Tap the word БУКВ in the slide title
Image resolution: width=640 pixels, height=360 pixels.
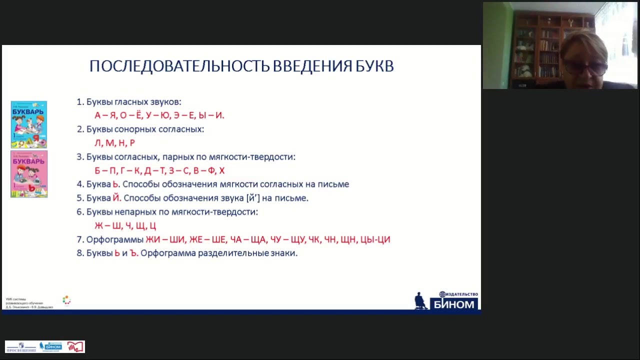[x=374, y=66]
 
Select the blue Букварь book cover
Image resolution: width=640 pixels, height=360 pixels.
[x=29, y=124]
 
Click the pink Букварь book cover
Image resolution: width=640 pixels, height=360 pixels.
[x=29, y=174]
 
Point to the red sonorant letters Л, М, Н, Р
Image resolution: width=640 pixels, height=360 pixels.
[x=114, y=143]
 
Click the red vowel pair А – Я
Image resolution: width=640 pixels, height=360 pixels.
[x=105, y=115]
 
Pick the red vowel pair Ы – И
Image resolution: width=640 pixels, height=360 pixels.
[x=211, y=115]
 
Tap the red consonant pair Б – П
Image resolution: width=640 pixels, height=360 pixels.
[x=105, y=170]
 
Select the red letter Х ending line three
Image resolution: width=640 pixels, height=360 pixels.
[x=221, y=170]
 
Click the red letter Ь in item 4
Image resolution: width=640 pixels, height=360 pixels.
[x=116, y=184]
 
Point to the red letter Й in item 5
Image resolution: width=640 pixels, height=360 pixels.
[x=116, y=198]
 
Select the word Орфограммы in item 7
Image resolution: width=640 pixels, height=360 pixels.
[x=114, y=239]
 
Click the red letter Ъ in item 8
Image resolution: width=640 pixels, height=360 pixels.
[x=133, y=253]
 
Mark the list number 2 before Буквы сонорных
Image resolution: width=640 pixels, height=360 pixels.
[x=79, y=129]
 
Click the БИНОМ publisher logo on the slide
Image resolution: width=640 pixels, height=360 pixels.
[x=452, y=301]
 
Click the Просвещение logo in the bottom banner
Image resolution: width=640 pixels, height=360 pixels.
[x=21, y=347]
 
